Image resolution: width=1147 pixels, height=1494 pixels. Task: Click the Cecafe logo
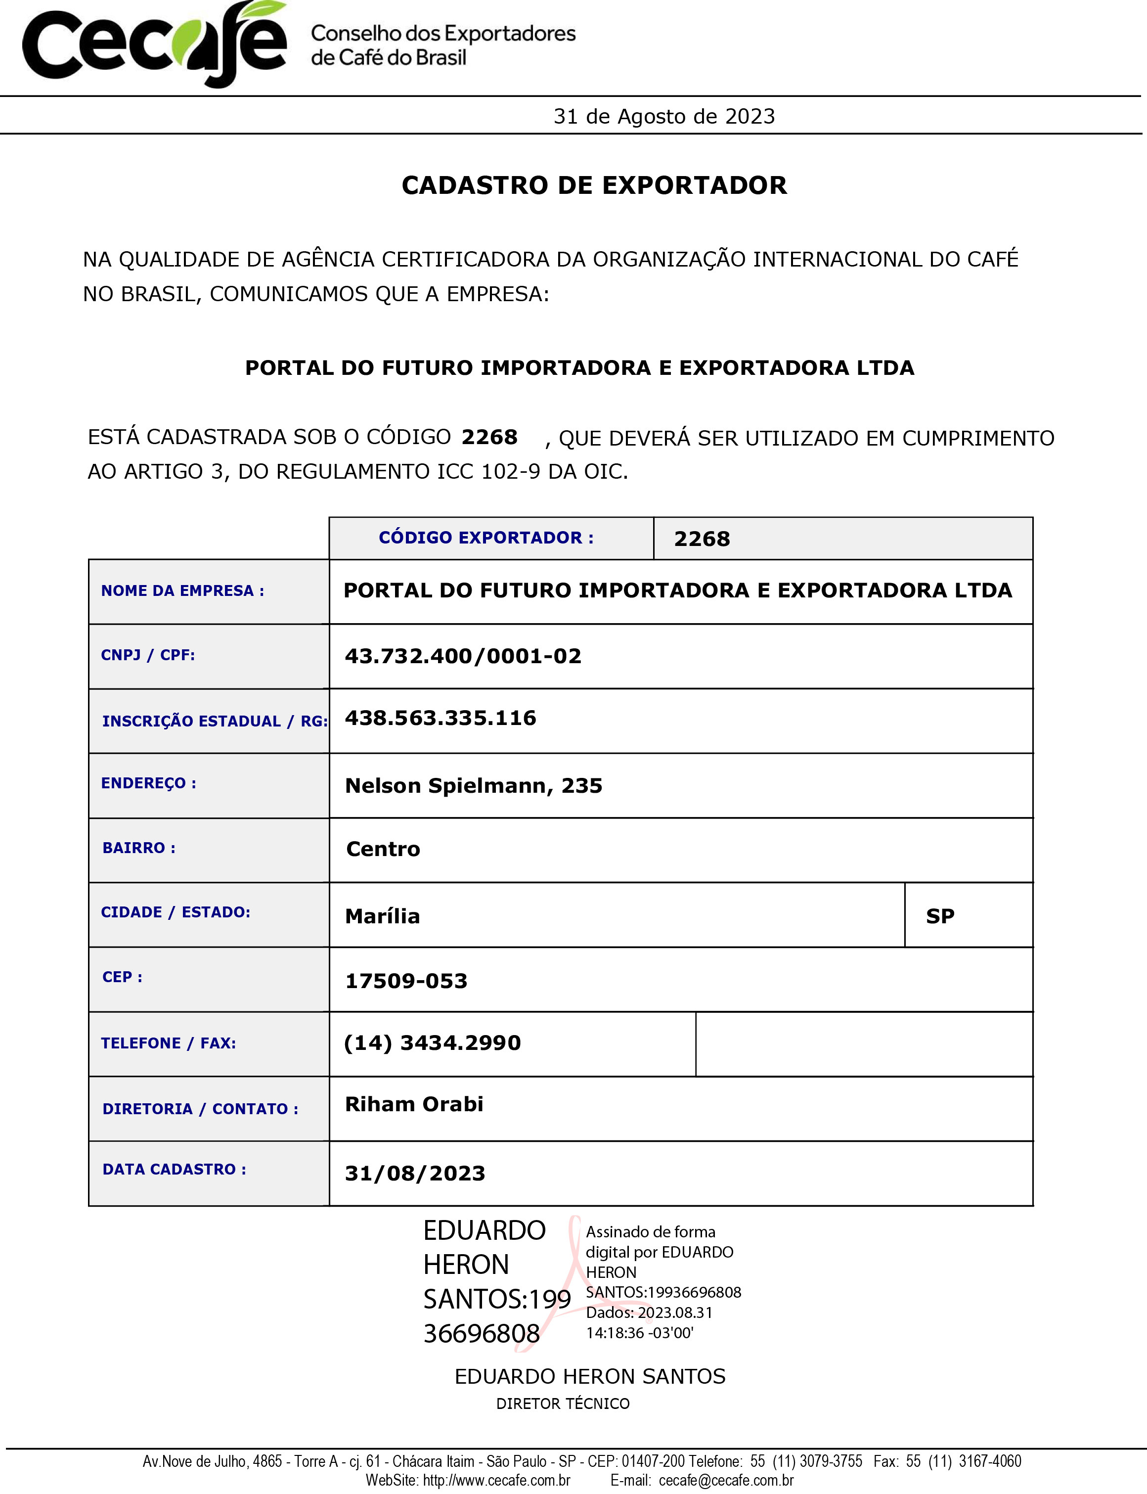[x=155, y=45]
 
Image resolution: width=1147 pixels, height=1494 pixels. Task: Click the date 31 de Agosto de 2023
[x=663, y=116]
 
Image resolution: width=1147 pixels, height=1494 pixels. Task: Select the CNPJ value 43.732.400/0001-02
[x=463, y=656]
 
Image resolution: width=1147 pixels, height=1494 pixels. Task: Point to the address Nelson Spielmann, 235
[x=473, y=785]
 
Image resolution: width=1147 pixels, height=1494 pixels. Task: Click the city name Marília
[x=382, y=916]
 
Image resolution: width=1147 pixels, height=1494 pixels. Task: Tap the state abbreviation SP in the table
[x=940, y=916]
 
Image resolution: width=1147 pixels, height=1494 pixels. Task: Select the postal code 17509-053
[x=406, y=981]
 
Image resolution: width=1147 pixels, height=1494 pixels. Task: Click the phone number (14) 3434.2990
[x=432, y=1042]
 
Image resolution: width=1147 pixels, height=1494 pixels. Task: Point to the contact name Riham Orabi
[x=414, y=1104]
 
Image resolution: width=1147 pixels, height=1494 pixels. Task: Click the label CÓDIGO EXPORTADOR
[x=486, y=538]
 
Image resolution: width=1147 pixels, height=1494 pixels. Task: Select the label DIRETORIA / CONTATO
[x=200, y=1108]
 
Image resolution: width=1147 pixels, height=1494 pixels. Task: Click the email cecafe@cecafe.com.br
[x=726, y=1480]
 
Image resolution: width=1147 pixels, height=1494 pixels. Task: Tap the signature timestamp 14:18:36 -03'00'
[x=640, y=1332]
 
